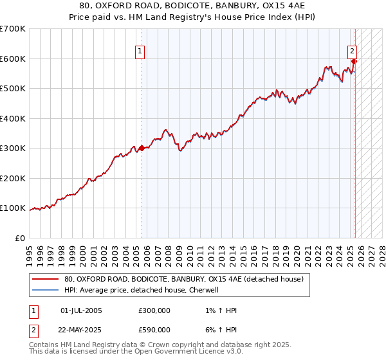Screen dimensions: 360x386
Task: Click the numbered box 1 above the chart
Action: [x=140, y=53]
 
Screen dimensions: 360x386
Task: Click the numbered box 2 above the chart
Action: [x=353, y=53]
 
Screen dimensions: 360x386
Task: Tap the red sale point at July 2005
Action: [x=142, y=148]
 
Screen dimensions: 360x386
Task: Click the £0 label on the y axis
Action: [x=20, y=238]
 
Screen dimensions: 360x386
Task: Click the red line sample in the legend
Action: [x=45, y=280]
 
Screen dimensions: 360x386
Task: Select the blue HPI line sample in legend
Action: [x=45, y=290]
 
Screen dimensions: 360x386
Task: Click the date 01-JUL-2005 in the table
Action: [x=81, y=310]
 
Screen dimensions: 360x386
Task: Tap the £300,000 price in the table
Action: [x=154, y=310]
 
